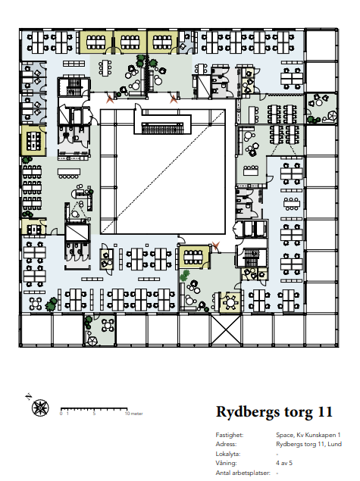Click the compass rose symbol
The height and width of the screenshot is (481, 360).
[40, 408]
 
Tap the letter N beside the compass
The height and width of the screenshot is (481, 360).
[28, 396]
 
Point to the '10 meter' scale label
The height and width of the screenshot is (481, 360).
[134, 414]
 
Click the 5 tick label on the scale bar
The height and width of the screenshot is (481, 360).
[94, 414]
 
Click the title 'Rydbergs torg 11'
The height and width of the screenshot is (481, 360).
[274, 411]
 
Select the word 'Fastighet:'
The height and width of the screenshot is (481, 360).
[229, 435]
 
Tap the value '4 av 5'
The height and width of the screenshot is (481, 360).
[284, 463]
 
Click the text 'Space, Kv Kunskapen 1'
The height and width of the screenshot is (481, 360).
[308, 435]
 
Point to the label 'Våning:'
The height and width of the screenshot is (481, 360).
[226, 463]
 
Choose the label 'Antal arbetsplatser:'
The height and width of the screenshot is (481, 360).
[243, 473]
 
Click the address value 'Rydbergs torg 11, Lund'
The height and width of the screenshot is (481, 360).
[308, 444]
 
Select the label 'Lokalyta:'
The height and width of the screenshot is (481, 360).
[227, 454]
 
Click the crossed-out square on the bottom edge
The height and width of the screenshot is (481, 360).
[226, 330]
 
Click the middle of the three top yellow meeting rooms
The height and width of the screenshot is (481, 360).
[130, 42]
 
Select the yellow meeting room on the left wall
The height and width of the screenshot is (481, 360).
[33, 141]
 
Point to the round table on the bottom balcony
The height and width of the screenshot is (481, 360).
[108, 325]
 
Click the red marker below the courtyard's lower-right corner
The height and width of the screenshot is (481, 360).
[216, 245]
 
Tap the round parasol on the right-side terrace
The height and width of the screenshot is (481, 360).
[331, 116]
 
